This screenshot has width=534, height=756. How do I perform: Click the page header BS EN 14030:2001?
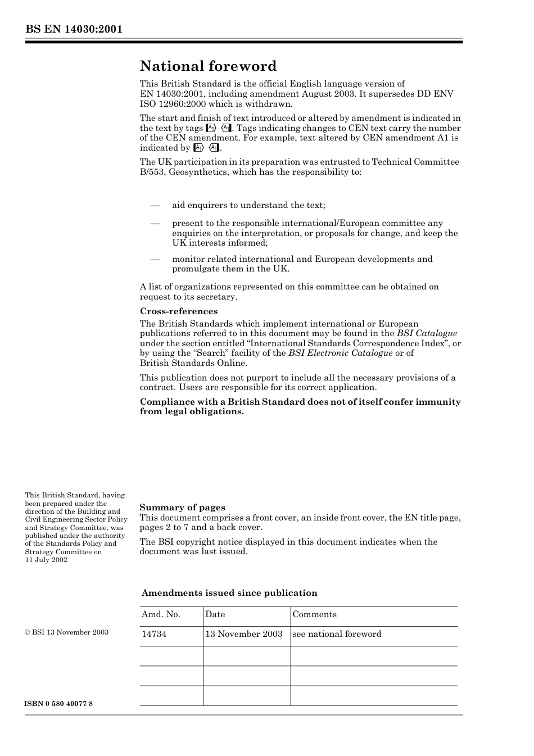pos(73,29)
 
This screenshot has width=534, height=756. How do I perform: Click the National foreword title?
pos(208,66)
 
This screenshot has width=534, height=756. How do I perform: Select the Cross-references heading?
pos(178,311)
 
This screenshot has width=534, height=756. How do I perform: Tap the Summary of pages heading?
pos(182,508)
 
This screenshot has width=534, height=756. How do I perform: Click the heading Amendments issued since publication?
pos(229,593)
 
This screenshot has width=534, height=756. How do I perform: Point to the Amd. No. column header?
pos(161,614)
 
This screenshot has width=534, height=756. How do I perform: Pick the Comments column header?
pos(314,614)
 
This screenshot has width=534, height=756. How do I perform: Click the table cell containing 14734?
pos(154,634)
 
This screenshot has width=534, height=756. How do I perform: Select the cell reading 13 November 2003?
pos(243,634)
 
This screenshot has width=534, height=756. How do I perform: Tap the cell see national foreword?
pos(336,634)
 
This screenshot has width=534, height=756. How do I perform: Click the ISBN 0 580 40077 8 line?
pos(58,704)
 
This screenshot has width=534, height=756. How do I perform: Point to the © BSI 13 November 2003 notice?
pos(66,632)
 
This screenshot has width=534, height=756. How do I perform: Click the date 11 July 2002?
pos(46,560)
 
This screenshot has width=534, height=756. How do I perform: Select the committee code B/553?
pos(152,172)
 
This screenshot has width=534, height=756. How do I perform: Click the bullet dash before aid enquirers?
pos(155,206)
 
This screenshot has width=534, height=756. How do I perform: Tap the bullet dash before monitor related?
pos(155,260)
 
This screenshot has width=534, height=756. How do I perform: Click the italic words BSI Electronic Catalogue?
pos(340,353)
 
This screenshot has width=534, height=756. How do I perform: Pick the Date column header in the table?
pos(215,614)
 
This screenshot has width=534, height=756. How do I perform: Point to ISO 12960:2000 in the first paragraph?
pos(171,104)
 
